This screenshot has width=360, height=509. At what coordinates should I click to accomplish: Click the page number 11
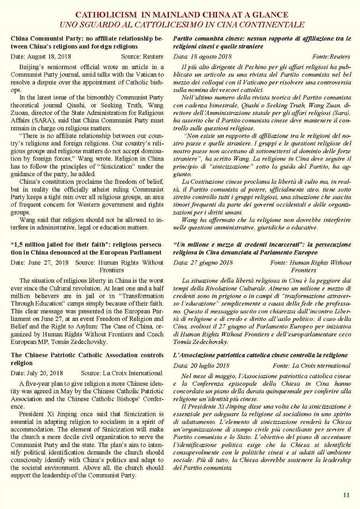click(346, 495)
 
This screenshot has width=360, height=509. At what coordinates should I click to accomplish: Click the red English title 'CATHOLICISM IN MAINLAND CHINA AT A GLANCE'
click(182, 15)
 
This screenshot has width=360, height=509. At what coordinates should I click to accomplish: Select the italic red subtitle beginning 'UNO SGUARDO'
click(182, 24)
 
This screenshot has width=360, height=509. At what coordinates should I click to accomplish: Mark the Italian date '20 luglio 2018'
click(211, 365)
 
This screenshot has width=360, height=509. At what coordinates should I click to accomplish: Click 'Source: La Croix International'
click(122, 373)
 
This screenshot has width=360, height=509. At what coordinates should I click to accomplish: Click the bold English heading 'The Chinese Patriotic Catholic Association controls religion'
click(87, 359)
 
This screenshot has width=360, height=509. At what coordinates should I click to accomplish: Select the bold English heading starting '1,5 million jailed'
click(87, 248)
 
